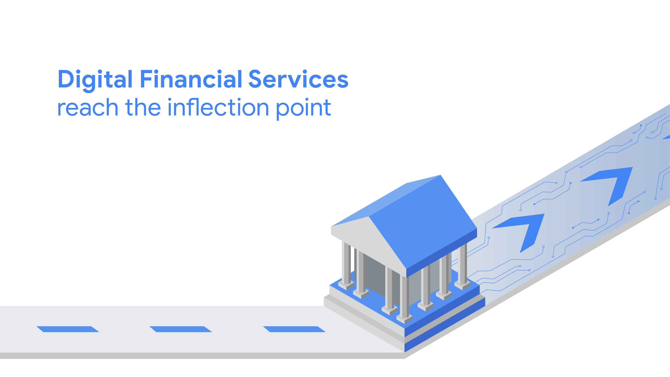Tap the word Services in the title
(x=298, y=79)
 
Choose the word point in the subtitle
(x=304, y=109)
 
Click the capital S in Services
(x=255, y=79)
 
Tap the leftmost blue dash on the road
(x=68, y=329)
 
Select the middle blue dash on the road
(x=181, y=329)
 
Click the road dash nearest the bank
(x=294, y=329)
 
